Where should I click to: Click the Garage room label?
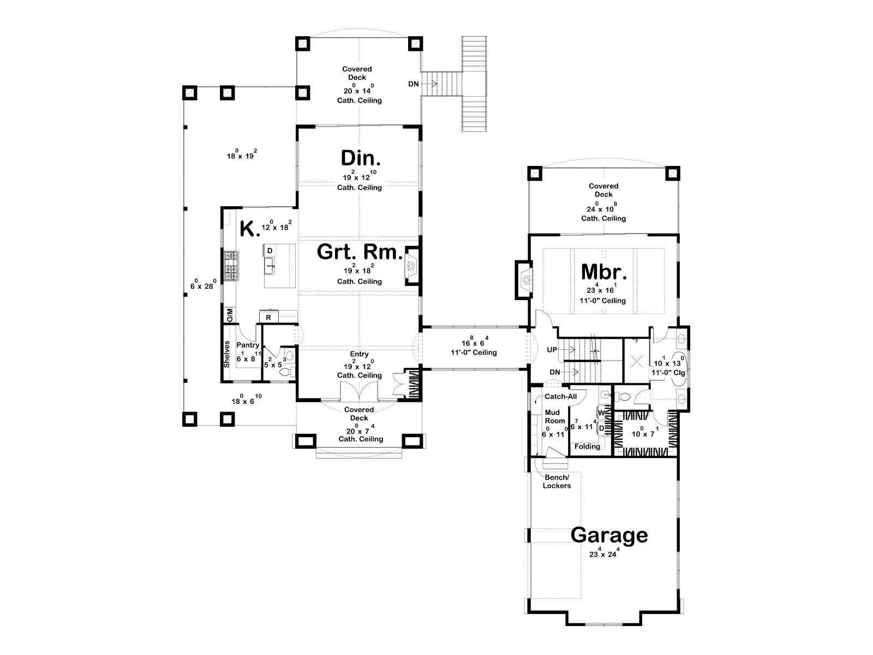[x=608, y=535]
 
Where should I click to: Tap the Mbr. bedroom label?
[x=604, y=272]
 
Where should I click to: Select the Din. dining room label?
[x=361, y=158]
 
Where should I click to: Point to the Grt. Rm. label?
[x=360, y=252]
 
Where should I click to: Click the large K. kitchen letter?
[x=249, y=229]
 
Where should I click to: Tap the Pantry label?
[x=248, y=345]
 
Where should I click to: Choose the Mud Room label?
[x=555, y=417]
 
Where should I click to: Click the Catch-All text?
[x=560, y=396]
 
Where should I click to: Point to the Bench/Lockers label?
[x=557, y=481]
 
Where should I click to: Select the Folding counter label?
[x=587, y=446]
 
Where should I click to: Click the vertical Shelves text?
[x=226, y=354]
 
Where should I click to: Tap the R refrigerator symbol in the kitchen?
[x=268, y=318]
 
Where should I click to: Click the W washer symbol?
[x=601, y=413]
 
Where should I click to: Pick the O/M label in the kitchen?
[x=230, y=315]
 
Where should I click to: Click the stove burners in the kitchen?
[x=230, y=266]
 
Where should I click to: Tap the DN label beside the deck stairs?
[x=413, y=84]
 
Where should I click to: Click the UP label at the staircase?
[x=552, y=350]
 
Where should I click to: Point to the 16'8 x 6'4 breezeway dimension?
[x=474, y=342]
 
